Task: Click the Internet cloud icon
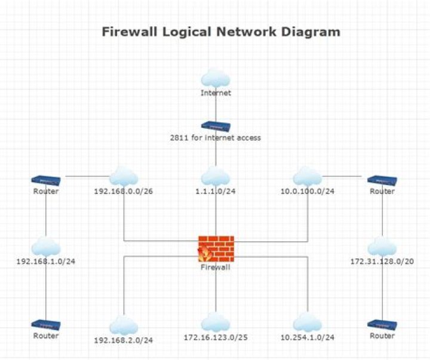216,78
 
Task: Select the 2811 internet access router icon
216,127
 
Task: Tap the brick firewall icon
216,249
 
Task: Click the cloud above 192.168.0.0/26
124,177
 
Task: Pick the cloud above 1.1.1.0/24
216,177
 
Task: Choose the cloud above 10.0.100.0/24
308,177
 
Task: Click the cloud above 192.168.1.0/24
46,247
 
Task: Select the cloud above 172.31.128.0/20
382,247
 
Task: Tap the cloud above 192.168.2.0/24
124,325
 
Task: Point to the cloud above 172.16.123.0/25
216,323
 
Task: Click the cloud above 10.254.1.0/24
308,323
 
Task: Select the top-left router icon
46,180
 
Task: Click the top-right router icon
382,180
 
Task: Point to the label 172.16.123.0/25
216,338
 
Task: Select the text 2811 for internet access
216,138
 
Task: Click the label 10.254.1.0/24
308,338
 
